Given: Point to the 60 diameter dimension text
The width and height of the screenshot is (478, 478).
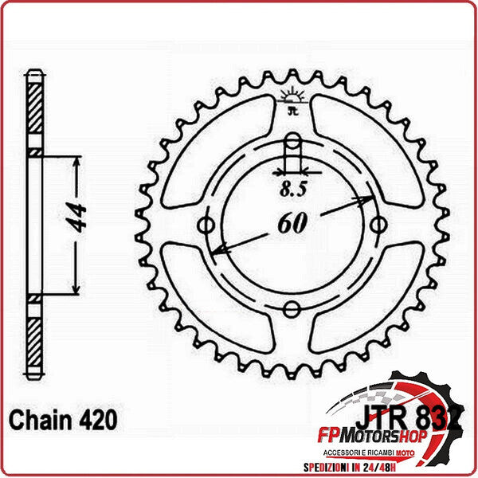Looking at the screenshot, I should tap(292, 225).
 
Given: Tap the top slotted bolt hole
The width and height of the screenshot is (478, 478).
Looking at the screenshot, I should tap(293, 151).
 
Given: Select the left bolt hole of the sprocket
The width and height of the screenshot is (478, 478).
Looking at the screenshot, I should tap(210, 225).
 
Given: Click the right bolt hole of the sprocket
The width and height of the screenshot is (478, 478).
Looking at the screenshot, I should tap(376, 225).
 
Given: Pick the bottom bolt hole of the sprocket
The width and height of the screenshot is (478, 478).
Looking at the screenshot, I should tap(293, 308).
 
